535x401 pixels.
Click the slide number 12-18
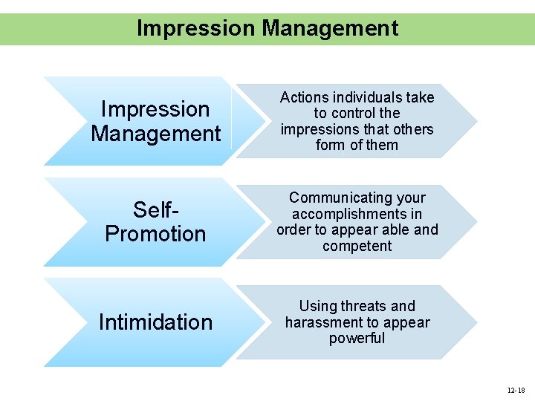[x=516, y=390]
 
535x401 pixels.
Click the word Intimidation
[x=155, y=322]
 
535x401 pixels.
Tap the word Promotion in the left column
[x=155, y=234]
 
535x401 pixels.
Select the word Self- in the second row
[x=155, y=209]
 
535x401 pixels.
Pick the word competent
[x=357, y=246]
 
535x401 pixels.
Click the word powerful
[x=357, y=339]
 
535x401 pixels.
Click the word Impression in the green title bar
[x=195, y=28]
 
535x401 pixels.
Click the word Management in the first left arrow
[x=155, y=134]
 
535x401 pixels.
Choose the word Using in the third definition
[x=317, y=306]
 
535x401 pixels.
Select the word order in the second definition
[x=294, y=229]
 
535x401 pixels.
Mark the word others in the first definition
[x=414, y=129]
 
